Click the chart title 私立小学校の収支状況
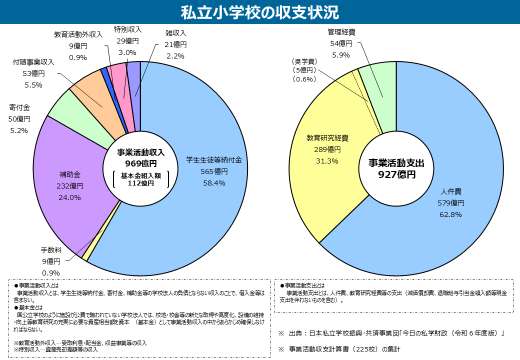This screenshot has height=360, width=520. pyautogui.click(x=259, y=11)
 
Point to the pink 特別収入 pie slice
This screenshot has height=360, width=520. pyautogui.click(x=118, y=80)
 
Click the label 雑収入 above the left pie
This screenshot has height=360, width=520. pyautogui.click(x=175, y=33)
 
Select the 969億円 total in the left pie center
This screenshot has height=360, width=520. pyautogui.click(x=140, y=163)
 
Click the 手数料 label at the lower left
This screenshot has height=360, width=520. pyautogui.click(x=50, y=249)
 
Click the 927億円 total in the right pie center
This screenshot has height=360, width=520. pyautogui.click(x=396, y=174)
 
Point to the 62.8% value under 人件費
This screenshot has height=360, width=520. pyautogui.click(x=450, y=214)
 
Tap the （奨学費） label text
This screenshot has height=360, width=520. pyautogui.click(x=304, y=61)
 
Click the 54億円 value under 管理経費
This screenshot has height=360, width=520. pyautogui.click(x=341, y=43)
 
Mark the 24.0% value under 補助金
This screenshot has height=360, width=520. pyautogui.click(x=70, y=197)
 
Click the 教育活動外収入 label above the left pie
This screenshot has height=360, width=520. pyautogui.click(x=78, y=34)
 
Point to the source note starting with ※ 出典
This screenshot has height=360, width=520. pyautogui.click(x=390, y=333)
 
